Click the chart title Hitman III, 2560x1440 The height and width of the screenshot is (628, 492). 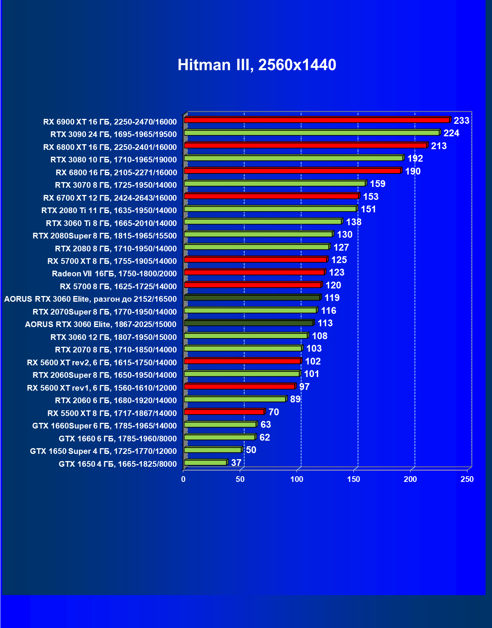(257, 65)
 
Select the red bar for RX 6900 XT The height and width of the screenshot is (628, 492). (317, 120)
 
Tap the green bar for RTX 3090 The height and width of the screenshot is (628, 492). (311, 133)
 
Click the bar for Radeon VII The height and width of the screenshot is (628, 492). (254, 272)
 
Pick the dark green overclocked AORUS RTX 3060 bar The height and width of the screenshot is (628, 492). (252, 298)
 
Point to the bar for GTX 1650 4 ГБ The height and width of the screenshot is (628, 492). (205, 463)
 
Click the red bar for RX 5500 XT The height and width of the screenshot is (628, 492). (224, 412)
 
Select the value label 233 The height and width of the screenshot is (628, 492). (461, 121)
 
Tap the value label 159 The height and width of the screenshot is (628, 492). (378, 184)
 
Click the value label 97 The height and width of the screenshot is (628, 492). (304, 387)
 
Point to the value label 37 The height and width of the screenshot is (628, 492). (236, 463)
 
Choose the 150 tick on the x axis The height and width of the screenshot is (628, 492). (354, 479)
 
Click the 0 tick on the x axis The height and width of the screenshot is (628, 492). (183, 479)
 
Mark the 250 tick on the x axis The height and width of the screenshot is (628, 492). (467, 479)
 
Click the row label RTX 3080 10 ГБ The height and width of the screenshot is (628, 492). (114, 160)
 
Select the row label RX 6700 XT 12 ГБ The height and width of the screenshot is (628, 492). (110, 198)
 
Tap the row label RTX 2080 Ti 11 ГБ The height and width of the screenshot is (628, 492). (109, 210)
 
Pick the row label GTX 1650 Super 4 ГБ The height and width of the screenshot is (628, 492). (103, 451)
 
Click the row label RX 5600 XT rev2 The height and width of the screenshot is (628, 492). (102, 363)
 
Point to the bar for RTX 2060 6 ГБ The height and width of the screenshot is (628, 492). (235, 399)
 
